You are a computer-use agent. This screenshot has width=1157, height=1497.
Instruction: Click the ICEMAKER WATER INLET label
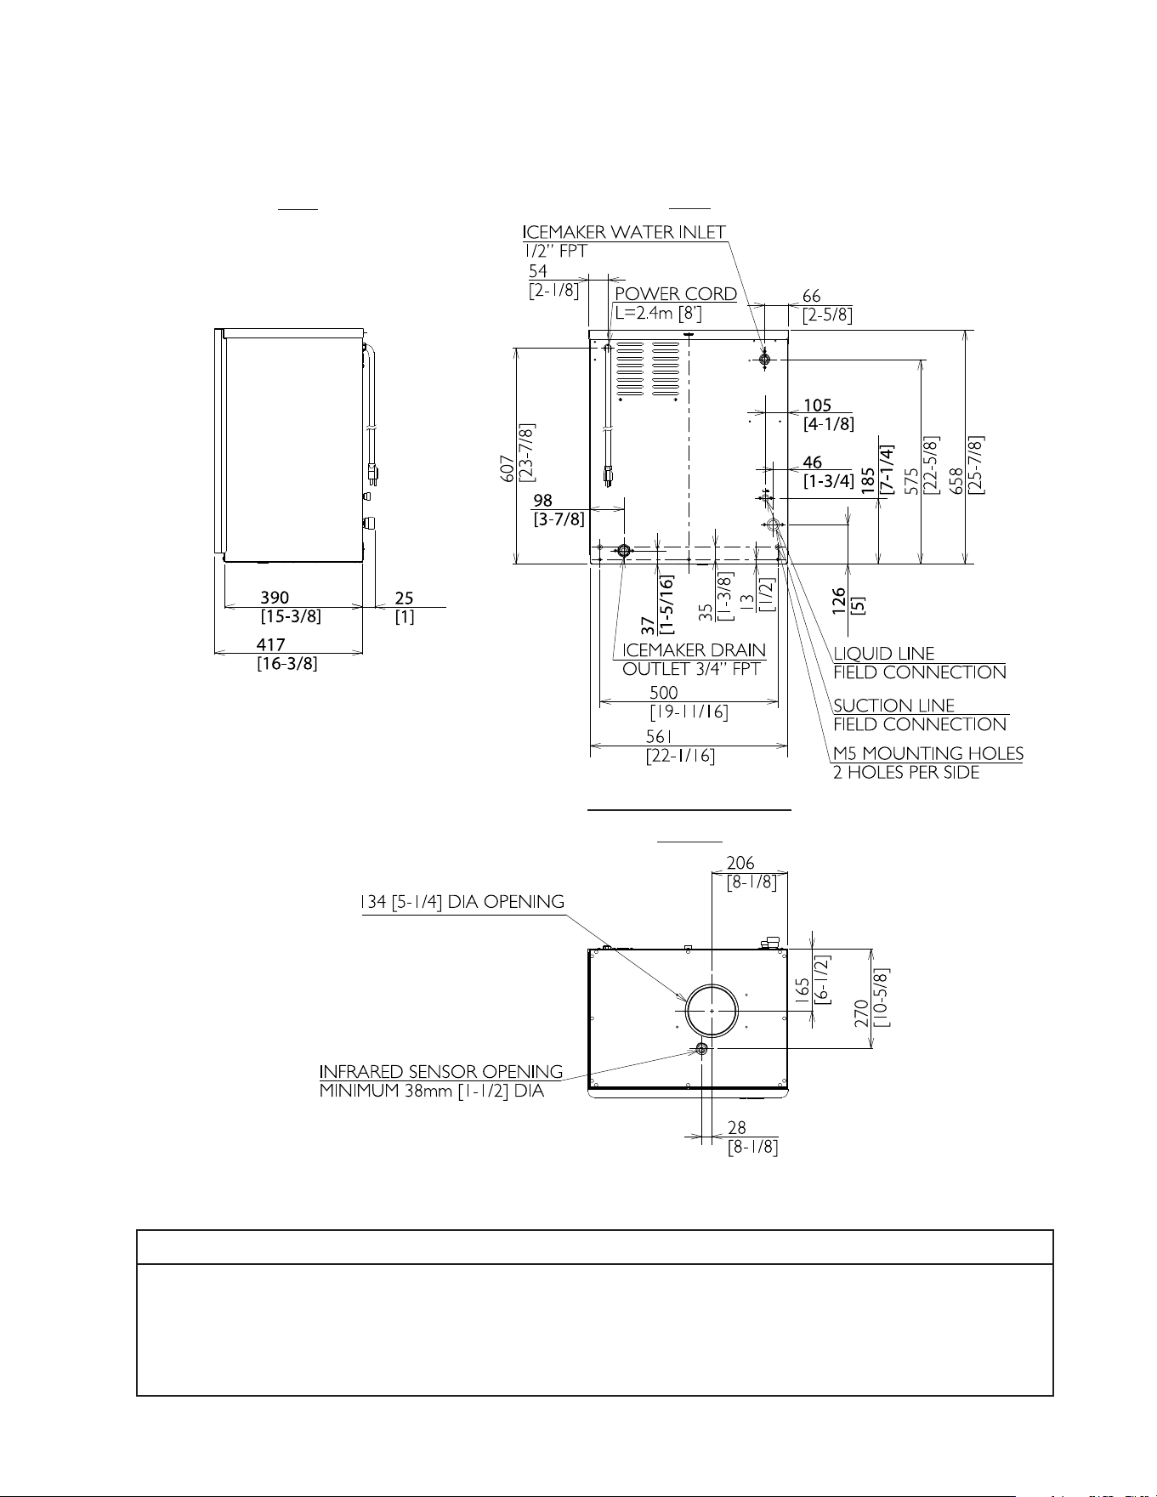(625, 231)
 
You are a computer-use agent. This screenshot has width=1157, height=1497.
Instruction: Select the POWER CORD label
(676, 294)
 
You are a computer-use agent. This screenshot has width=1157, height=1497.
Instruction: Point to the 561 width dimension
(659, 736)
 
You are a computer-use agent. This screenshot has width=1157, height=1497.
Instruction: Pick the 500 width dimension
(664, 692)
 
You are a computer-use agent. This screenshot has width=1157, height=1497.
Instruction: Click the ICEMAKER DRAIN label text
(695, 650)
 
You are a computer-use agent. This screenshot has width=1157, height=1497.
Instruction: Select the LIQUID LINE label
(884, 654)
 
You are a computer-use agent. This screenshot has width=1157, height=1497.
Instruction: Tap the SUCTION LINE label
(894, 706)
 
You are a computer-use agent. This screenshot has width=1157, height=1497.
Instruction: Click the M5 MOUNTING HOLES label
(928, 753)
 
